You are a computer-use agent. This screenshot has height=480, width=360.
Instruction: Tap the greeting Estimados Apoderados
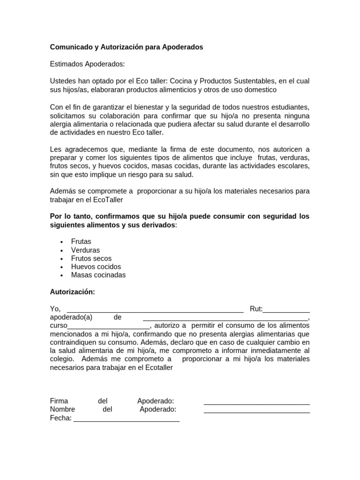(x=88, y=64)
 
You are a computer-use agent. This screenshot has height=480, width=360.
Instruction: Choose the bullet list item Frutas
(x=81, y=241)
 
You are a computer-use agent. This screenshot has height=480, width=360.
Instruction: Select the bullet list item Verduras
(x=85, y=250)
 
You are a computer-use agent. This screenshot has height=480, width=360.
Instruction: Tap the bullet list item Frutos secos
(x=91, y=258)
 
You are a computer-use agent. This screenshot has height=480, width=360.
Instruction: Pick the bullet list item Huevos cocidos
(x=96, y=267)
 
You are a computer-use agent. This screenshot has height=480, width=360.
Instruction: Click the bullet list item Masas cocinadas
(x=98, y=275)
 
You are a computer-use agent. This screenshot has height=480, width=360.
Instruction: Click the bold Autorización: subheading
(x=72, y=292)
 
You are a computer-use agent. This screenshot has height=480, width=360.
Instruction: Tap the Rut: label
(x=256, y=309)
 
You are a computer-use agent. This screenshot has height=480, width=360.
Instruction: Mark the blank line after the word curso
(x=109, y=327)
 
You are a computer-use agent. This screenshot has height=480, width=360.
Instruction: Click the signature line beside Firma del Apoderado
(x=256, y=403)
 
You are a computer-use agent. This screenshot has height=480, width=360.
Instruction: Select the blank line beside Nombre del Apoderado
(x=256, y=411)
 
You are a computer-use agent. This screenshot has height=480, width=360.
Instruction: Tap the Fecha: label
(x=60, y=418)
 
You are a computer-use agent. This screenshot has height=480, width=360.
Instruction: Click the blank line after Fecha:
(x=126, y=420)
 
